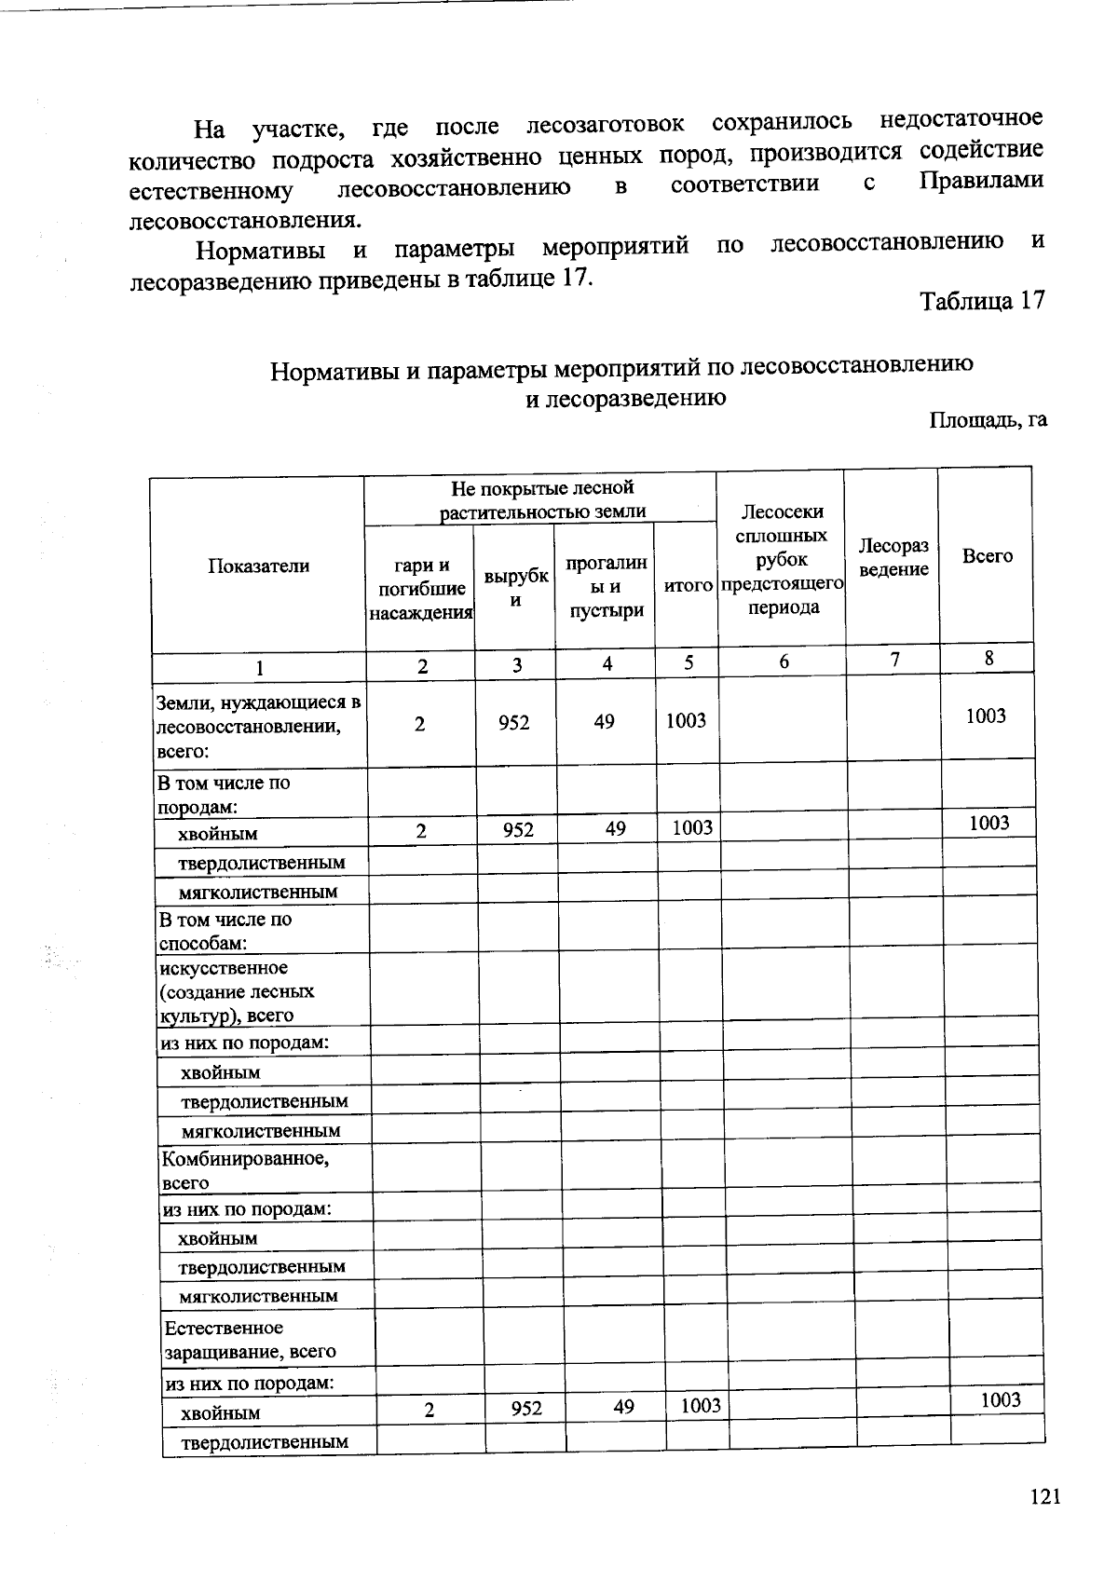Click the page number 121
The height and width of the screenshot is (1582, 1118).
1045,1497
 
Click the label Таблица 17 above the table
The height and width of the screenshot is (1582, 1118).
982,301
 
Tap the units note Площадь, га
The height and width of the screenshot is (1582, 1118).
988,419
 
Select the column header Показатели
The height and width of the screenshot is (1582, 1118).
258,566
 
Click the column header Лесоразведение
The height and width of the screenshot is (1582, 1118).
893,557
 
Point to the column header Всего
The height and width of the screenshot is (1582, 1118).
987,556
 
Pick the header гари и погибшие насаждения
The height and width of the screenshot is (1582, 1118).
421,589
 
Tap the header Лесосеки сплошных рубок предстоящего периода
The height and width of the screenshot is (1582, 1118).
782,559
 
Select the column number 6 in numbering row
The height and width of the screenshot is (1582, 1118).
784,661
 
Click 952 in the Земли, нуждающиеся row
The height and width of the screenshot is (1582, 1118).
513,721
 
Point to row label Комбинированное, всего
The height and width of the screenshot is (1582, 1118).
245,1171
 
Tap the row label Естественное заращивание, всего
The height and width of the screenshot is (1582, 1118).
250,1339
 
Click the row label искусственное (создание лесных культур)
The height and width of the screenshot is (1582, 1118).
239,991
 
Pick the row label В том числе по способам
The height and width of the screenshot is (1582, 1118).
225,931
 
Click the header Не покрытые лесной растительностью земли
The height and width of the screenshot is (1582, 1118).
542,499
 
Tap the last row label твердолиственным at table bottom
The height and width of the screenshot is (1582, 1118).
264,1442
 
